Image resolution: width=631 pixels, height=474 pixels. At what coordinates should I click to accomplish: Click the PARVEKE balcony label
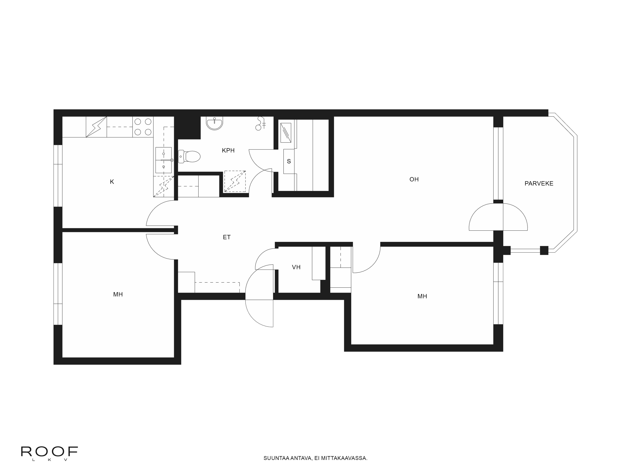coord(539,183)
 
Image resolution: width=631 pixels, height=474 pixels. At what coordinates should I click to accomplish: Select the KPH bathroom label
coord(228,150)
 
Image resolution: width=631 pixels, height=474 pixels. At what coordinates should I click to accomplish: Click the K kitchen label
coord(112,182)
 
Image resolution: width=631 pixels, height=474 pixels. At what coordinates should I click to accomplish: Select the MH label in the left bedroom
coord(118,294)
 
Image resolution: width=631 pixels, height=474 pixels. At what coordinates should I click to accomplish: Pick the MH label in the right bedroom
coord(422,296)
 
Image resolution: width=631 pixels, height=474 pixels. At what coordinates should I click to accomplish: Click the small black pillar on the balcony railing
coord(544,250)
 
